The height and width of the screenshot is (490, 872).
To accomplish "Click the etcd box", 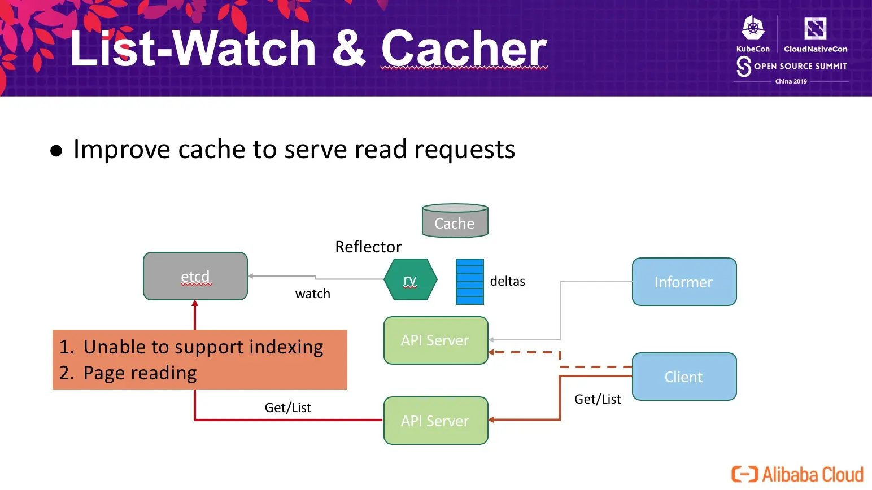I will pos(195,276).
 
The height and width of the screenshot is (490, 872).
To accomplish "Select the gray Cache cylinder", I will pos(455,221).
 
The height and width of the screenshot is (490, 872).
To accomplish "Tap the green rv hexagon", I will pos(410,279).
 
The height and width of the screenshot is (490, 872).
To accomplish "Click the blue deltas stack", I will pos(469,282).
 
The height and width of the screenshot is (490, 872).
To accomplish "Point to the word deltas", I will pos(507,281).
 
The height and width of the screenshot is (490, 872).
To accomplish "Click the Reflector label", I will pos(368,247).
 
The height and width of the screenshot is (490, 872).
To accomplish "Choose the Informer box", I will pos(684,282).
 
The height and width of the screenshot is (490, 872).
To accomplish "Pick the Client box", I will pos(684,377).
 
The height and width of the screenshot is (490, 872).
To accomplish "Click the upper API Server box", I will pos(435,340).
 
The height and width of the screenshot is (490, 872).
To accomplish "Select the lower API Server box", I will pos(435,421).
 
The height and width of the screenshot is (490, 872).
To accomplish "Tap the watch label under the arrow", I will pos(312,294).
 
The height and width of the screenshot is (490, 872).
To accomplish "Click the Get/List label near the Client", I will pos(598,399).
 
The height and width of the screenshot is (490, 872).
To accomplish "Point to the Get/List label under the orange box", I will pos(287,408).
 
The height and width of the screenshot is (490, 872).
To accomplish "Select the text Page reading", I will pos(140,373).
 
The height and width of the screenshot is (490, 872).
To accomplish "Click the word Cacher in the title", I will pos(464,49).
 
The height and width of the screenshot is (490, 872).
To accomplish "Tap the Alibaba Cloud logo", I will pos(797,474).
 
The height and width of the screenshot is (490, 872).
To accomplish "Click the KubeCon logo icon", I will pos(753,28).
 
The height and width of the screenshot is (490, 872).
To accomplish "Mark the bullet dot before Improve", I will pos(56,151).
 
